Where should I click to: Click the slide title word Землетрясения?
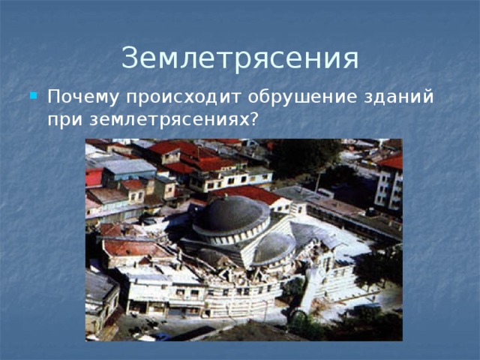point(240,58)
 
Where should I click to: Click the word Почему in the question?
point(84,98)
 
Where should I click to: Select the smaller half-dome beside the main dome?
point(273,247)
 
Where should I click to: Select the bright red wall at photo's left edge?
point(94,178)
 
